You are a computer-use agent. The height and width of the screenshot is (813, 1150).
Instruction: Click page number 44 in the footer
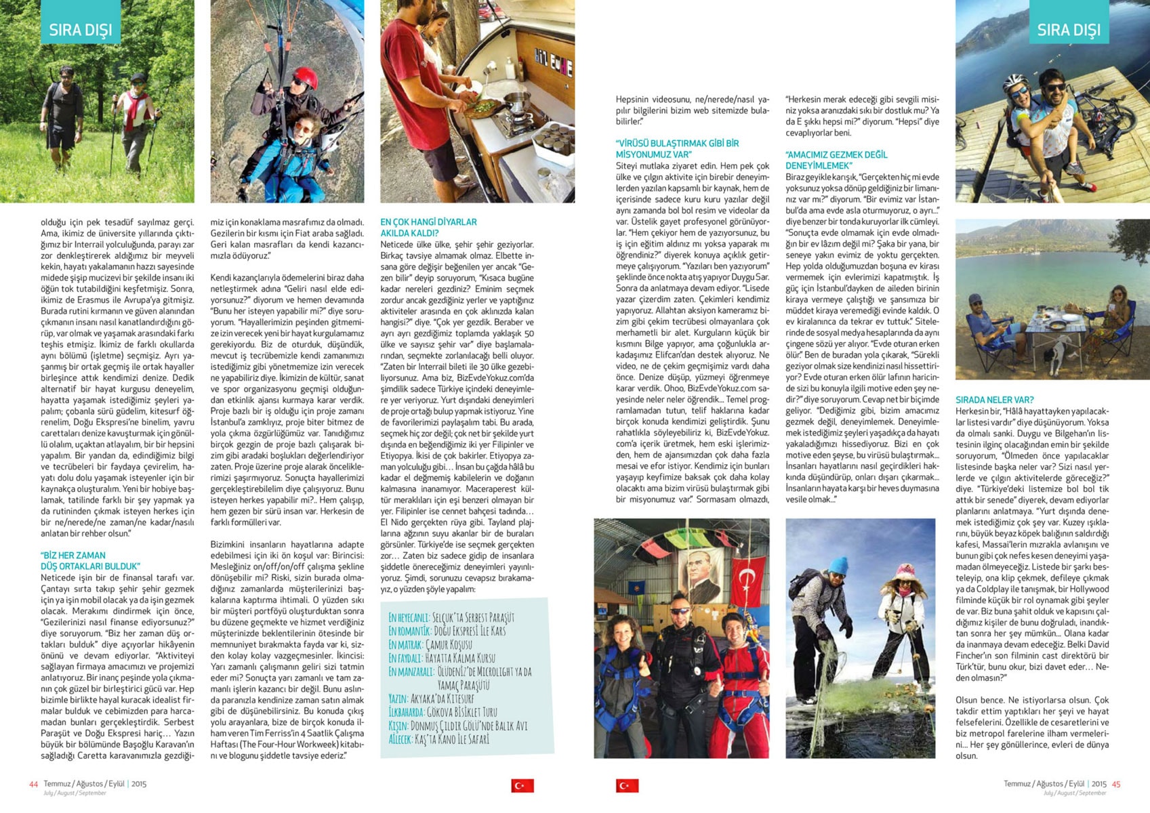[x=33, y=784]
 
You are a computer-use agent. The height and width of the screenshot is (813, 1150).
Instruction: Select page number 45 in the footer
[x=1115, y=784]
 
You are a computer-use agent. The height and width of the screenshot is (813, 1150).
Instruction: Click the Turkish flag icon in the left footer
[x=522, y=785]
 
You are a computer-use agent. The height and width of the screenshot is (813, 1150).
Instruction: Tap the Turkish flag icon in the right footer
[x=627, y=785]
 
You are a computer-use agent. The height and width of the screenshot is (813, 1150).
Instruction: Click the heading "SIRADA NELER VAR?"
[x=994, y=400]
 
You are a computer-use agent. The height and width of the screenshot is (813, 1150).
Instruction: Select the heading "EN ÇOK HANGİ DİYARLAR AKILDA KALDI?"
[x=428, y=228]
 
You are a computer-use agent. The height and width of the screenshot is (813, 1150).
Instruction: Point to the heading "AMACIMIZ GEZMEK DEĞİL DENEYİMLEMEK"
[x=836, y=160]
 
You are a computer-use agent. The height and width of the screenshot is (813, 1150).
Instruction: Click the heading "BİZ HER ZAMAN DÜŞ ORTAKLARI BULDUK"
[x=89, y=561]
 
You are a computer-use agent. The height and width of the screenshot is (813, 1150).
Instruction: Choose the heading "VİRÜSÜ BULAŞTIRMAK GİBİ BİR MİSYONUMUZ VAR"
[x=677, y=149]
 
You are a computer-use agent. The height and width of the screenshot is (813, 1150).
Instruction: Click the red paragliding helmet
[x=305, y=77]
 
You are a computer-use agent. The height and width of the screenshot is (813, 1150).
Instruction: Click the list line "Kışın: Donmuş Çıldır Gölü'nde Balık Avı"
[x=457, y=726]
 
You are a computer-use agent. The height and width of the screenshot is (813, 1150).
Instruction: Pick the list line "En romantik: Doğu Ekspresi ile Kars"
[x=447, y=631]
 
